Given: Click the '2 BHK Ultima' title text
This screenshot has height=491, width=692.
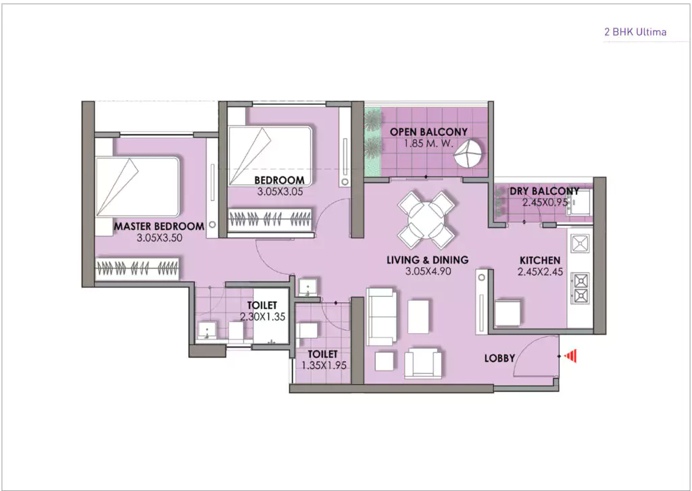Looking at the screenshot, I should point(633,31).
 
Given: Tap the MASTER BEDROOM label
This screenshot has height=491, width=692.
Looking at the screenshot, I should point(159,226).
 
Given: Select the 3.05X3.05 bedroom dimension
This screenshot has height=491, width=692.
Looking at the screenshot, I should point(280,191).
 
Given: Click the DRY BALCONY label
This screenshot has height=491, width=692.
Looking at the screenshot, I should point(545,191).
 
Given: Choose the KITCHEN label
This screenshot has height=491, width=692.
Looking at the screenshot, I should point(539,260).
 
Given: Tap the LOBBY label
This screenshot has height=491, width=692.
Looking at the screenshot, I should point(500,358).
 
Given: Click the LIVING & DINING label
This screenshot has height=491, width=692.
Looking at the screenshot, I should point(427,260).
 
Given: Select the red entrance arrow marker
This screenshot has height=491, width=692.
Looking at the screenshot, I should point(571,355).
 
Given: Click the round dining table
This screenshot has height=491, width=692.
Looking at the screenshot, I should point(426,218).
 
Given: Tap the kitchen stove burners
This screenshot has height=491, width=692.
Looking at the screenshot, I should point(580,287).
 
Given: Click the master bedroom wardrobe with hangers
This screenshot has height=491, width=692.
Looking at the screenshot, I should point(138,267).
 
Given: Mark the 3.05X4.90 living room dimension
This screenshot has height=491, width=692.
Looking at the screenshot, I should point(427,271).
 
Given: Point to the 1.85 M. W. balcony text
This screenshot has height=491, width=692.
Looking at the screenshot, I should point(427,143).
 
